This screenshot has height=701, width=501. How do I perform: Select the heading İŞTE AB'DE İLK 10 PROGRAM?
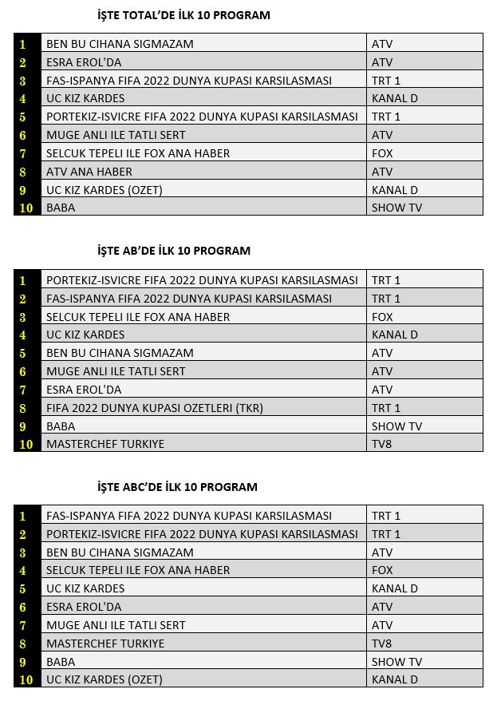(168, 251)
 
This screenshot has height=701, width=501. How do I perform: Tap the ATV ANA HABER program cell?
(89, 172)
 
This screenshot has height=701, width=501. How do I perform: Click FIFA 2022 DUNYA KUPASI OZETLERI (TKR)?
(155, 408)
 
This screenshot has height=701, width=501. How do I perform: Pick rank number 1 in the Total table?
(23, 44)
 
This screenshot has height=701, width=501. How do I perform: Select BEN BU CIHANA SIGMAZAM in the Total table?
(120, 44)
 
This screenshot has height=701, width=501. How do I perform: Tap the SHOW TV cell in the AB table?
(396, 426)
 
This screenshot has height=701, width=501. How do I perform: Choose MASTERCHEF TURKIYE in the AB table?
(105, 444)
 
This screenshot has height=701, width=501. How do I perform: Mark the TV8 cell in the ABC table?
(382, 644)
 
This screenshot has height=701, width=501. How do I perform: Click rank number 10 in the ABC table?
(26, 679)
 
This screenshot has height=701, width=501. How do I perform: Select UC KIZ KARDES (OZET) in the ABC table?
(105, 679)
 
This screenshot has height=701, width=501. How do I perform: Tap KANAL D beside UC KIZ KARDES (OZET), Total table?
(395, 190)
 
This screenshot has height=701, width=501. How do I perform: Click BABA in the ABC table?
(61, 662)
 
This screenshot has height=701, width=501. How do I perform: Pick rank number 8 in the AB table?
(23, 408)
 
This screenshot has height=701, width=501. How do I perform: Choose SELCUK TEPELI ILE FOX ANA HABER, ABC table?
(138, 570)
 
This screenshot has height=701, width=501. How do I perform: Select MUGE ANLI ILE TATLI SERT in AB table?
(116, 371)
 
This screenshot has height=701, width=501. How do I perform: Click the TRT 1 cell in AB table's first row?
(386, 280)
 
